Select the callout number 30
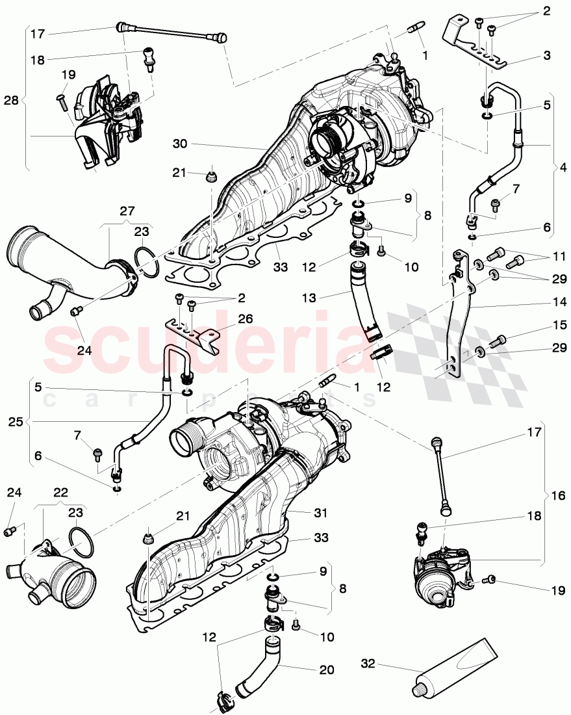pos(181,143)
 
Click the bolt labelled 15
pos(500,340)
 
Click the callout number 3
pos(547,56)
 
